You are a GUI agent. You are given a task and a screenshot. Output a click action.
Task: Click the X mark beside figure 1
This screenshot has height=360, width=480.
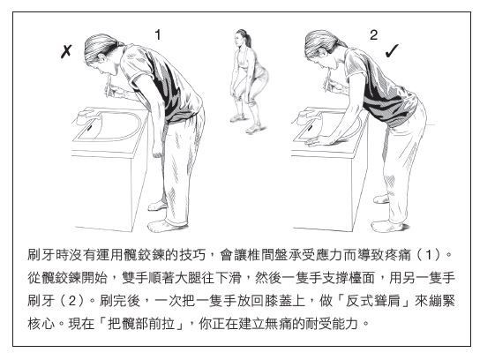[66, 51]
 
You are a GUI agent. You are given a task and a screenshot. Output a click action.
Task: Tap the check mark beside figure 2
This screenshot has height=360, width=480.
[392, 51]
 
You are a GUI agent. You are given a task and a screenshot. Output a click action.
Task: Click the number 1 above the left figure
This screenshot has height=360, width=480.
[158, 35]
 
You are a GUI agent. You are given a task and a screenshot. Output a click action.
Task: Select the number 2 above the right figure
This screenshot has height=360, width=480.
[373, 35]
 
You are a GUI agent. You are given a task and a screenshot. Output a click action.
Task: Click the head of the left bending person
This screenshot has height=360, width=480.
[100, 55]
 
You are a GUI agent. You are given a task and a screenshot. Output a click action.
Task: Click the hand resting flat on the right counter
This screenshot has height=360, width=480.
[320, 141]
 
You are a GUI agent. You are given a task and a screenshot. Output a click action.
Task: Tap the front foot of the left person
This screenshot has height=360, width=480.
[164, 226]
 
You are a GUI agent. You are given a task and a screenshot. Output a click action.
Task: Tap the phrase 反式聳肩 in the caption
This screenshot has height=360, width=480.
[373, 301]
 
